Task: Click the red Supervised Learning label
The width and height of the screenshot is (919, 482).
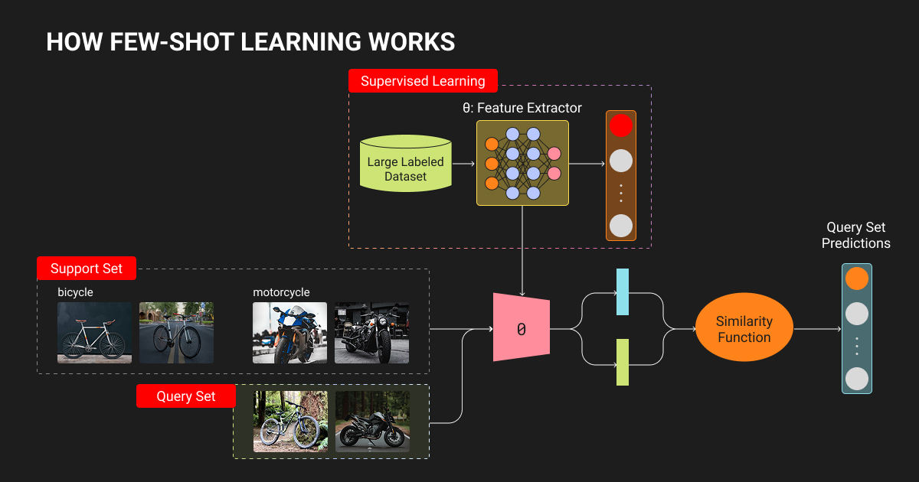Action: coord(423,81)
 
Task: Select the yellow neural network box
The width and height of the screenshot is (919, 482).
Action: coord(522,162)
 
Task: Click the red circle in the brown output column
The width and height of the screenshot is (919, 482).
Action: coord(620,125)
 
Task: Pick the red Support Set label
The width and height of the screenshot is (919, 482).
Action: coord(86,269)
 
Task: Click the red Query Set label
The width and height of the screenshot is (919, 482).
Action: coord(186,396)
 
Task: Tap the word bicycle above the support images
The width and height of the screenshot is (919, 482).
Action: coord(75,292)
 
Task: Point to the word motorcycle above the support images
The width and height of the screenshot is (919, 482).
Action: coord(281,292)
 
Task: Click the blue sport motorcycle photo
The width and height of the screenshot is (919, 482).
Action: coord(289,333)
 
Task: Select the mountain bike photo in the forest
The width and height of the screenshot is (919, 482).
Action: coord(290,422)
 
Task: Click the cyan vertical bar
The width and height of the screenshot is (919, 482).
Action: coord(623,292)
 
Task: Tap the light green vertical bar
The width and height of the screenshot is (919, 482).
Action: coord(623,362)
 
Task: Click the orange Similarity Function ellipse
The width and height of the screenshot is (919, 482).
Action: coord(744,329)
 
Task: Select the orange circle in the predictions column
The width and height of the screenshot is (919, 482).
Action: coord(856,278)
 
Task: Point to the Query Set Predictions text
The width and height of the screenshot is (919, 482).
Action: coord(855,236)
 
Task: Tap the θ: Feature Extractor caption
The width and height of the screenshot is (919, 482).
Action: coord(522,108)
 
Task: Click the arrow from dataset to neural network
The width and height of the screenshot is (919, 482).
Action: coord(464,163)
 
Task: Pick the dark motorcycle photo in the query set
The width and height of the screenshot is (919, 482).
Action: coord(372,422)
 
